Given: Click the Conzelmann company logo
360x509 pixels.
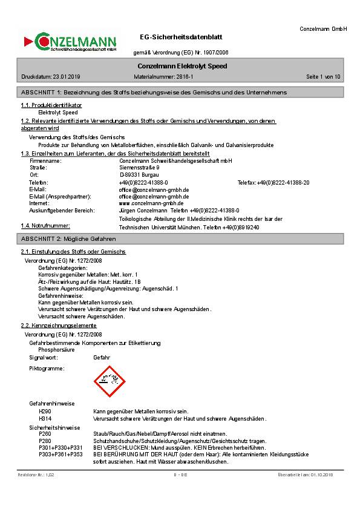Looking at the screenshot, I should click(x=70, y=42).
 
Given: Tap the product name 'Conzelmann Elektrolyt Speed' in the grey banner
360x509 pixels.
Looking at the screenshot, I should click(x=182, y=65).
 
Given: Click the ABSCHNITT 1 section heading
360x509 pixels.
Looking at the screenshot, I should click(x=154, y=92).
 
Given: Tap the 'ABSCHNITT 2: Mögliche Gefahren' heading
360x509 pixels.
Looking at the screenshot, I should click(x=68, y=239).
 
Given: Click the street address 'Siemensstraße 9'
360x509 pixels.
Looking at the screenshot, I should click(x=140, y=168).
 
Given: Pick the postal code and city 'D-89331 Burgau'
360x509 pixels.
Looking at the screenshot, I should click(x=139, y=174).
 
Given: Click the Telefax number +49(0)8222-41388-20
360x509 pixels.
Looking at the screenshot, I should click(x=283, y=182).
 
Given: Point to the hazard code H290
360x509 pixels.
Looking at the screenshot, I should click(x=45, y=412).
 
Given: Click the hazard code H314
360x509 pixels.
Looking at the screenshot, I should click(x=45, y=418).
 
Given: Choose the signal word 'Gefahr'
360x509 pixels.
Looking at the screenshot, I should click(x=102, y=358).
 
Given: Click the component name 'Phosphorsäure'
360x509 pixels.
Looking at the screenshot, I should click(x=57, y=350).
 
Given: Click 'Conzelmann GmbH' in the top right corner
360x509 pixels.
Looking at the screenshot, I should click(x=323, y=28).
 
